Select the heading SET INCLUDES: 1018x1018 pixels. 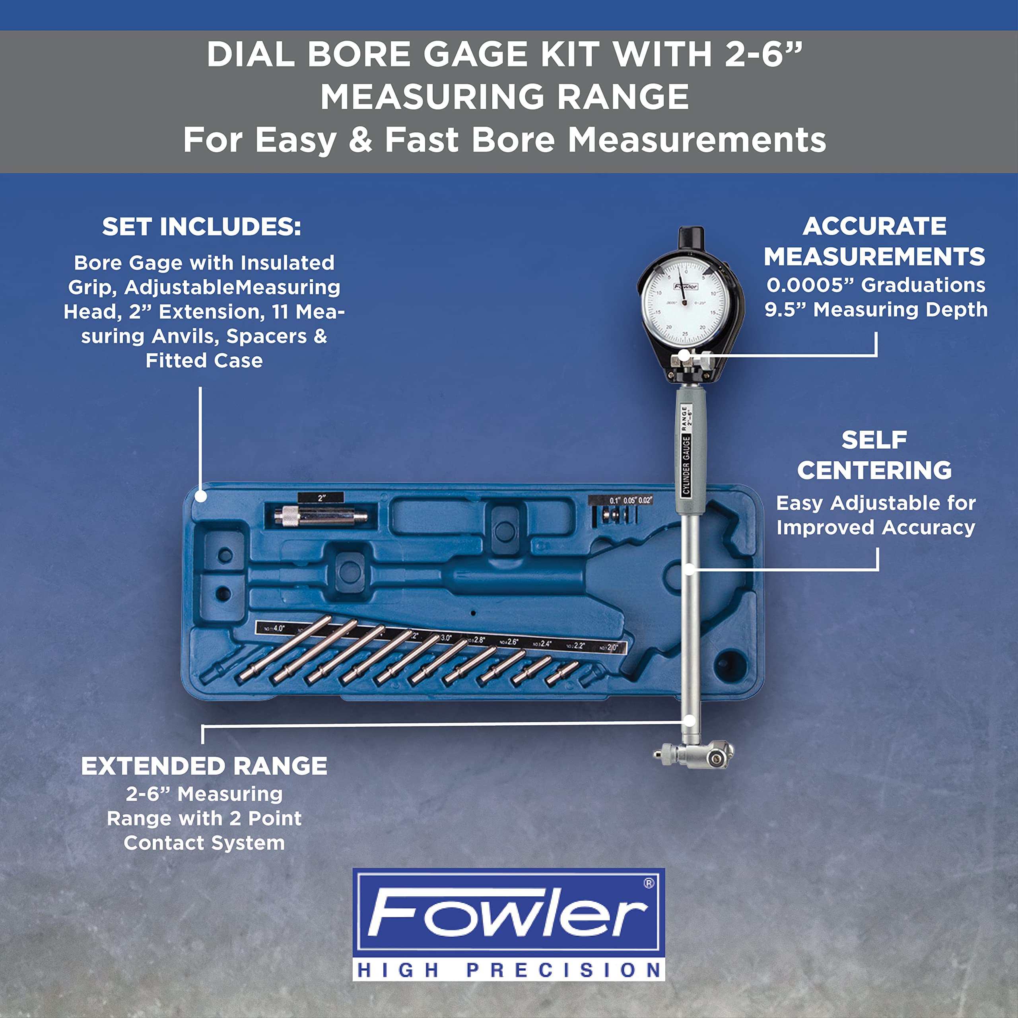(x=202, y=227)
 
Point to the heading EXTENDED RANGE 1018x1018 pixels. (x=204, y=766)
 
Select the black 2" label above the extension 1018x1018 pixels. (x=321, y=497)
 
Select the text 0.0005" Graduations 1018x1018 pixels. (x=875, y=285)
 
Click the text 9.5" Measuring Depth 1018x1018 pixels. (x=876, y=309)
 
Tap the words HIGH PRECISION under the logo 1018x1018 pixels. (x=509, y=969)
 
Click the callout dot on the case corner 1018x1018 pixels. (x=200, y=496)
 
